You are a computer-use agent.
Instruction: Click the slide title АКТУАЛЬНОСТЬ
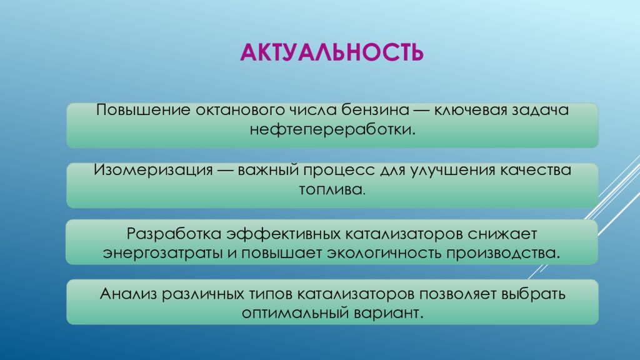(332, 52)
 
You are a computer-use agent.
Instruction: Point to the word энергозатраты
(153, 254)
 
